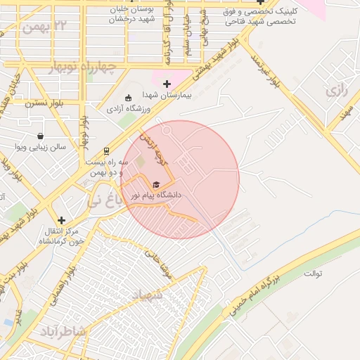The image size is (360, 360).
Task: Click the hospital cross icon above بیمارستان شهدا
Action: tap(167, 84)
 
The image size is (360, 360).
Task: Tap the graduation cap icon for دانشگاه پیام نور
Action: tap(156, 184)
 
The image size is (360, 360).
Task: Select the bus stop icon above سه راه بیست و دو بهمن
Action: tap(106, 150)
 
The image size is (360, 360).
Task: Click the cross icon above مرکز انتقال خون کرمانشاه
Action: tap(61, 220)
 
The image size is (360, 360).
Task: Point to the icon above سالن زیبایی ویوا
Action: tap(40, 136)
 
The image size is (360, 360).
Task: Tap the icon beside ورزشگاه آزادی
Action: tap(128, 98)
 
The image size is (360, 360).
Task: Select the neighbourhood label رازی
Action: tap(333, 91)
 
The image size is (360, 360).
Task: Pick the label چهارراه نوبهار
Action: tap(82, 67)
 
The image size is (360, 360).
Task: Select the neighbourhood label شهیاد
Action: tap(147, 295)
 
